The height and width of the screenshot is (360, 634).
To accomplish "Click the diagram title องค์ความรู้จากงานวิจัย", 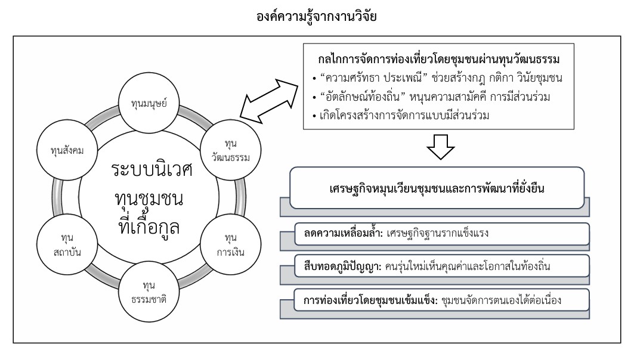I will (317, 17).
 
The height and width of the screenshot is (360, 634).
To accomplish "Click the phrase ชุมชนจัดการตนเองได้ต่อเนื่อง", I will (500, 299).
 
